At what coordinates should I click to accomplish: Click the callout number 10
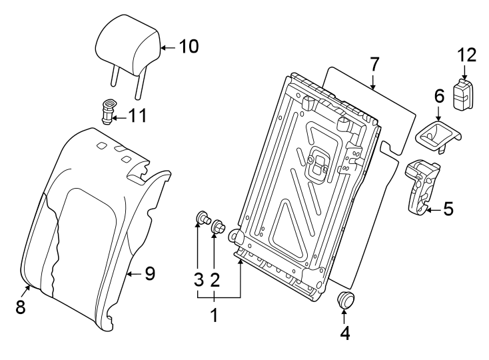[x=189, y=46]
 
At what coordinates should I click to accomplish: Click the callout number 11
[x=137, y=116]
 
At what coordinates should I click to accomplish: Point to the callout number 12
[x=467, y=55]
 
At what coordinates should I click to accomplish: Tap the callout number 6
[x=439, y=96]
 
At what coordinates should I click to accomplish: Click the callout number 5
[x=448, y=209]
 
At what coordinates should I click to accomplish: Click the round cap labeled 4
[x=345, y=301]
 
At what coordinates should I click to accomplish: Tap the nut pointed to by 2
[x=217, y=229]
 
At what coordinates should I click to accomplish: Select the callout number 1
[x=214, y=315]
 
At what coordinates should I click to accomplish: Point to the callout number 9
[x=149, y=273]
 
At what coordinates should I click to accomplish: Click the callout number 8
[x=20, y=307]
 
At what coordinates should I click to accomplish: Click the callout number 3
[x=198, y=280]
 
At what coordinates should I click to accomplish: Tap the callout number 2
[x=215, y=280]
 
